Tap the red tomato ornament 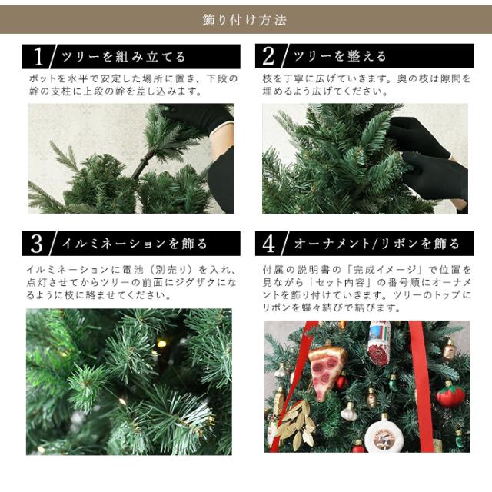[x=450, y=395]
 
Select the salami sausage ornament [x=379, y=344]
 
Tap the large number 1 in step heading [x=38, y=57]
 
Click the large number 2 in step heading [x=268, y=56]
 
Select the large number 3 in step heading [x=36, y=244]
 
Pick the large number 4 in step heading [x=269, y=244]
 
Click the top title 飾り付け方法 [x=244, y=20]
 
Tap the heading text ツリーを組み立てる [x=123, y=57]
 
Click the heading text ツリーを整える [x=340, y=56]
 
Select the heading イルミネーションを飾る [x=135, y=244]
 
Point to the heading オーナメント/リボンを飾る [x=377, y=244]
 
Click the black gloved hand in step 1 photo [x=201, y=118]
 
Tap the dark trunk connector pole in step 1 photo [x=143, y=165]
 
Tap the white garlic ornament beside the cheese [x=349, y=412]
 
